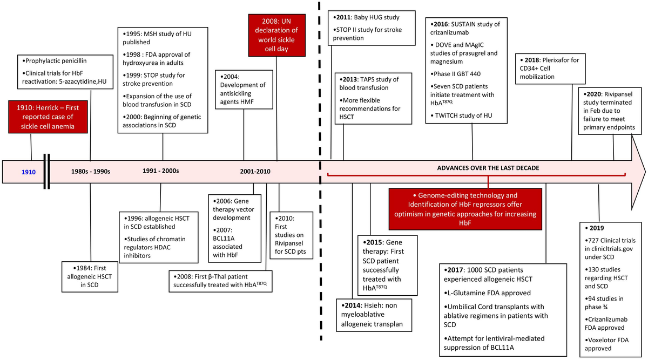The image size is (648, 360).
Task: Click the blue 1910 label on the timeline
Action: click(x=28, y=172)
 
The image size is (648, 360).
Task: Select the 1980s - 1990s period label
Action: click(x=91, y=172)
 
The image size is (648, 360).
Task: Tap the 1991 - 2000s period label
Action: click(x=160, y=171)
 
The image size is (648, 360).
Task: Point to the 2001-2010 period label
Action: click(x=255, y=172)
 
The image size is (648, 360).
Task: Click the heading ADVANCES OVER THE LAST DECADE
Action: click(x=488, y=168)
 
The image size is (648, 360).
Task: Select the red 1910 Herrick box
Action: click(x=48, y=117)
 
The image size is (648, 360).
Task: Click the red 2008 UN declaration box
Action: click(x=276, y=35)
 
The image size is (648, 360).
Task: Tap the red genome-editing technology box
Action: click(x=465, y=209)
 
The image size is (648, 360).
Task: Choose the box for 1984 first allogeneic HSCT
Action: click(x=90, y=277)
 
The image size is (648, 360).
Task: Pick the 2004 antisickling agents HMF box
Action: click(x=244, y=90)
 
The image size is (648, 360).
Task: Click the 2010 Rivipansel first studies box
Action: click(x=291, y=235)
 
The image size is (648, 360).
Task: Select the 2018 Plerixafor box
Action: click(x=550, y=69)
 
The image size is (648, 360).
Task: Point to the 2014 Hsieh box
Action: click(x=374, y=315)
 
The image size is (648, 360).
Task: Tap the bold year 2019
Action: click(x=597, y=228)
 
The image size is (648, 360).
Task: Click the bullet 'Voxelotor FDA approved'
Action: click(x=606, y=344)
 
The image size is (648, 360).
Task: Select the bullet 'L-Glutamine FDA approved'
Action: click(x=487, y=293)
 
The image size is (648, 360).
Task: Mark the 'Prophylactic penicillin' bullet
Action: click(x=55, y=61)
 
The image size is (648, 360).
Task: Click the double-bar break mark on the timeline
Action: click(x=46, y=172)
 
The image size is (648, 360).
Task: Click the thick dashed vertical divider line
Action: click(x=320, y=171)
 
